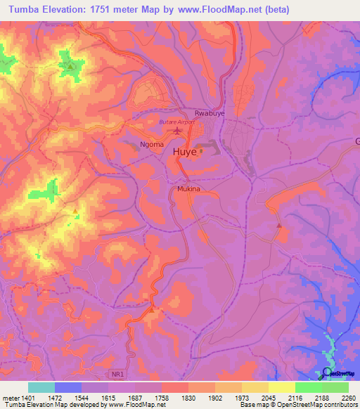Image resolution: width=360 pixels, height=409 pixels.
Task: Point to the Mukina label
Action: click(188, 189)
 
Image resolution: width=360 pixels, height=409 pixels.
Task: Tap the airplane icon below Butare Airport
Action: click(177, 131)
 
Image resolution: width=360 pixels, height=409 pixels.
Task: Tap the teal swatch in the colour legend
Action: click(41, 387)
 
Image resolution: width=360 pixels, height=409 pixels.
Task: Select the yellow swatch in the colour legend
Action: click(282, 387)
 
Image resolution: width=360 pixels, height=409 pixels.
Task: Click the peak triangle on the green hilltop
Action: click(71, 66)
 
